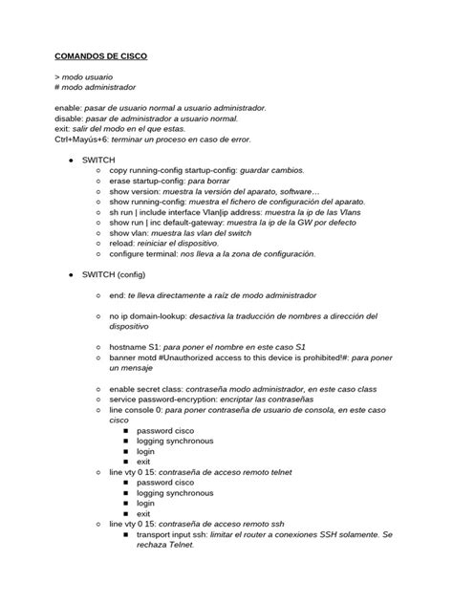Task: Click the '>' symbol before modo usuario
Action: point(58,75)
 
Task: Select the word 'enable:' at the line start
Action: point(70,108)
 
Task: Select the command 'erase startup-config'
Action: point(146,180)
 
